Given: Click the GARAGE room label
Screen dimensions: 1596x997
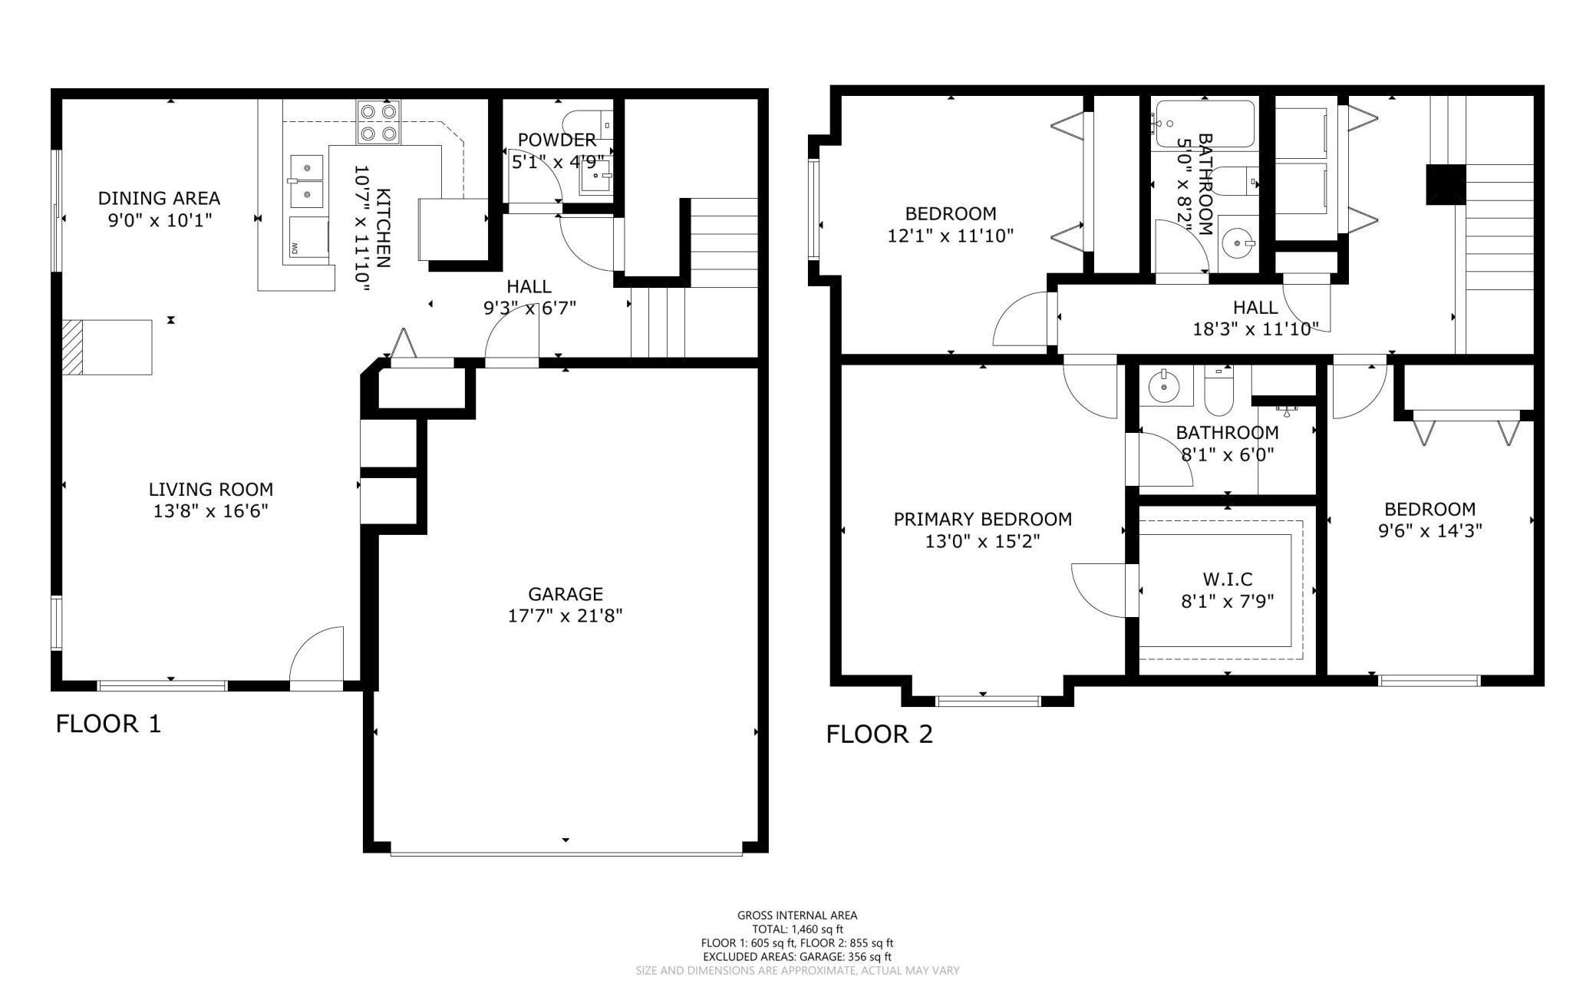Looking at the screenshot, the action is [x=566, y=593].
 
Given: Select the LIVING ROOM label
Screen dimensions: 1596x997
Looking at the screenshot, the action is [x=210, y=489].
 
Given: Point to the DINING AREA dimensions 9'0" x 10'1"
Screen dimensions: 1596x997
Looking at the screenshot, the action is [x=160, y=220].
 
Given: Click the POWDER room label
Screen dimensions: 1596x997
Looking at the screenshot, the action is [x=557, y=140].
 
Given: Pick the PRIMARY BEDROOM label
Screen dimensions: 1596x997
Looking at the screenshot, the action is [x=982, y=519].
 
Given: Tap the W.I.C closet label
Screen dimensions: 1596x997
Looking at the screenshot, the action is [x=1227, y=579].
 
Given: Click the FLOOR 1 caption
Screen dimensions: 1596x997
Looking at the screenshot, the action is [x=108, y=724].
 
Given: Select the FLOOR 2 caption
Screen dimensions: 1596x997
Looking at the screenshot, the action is [x=879, y=735].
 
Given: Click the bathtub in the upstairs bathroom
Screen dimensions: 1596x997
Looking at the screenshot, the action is [x=1205, y=124].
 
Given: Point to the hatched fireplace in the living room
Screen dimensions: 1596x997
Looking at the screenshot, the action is [x=72, y=347].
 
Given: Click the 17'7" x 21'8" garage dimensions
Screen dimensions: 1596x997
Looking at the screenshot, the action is [x=566, y=616].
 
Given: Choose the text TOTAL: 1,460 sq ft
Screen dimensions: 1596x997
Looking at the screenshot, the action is [x=797, y=929].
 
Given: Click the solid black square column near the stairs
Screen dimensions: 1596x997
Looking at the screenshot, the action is [x=1446, y=185].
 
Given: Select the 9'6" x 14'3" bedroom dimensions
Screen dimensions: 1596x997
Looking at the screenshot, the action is [x=1429, y=530].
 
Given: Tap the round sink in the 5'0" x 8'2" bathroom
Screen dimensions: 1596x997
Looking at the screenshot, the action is [x=1238, y=245].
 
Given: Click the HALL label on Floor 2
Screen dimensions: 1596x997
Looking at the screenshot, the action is [x=1255, y=308].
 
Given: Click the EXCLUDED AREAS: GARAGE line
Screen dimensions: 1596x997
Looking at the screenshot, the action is [x=797, y=957].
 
